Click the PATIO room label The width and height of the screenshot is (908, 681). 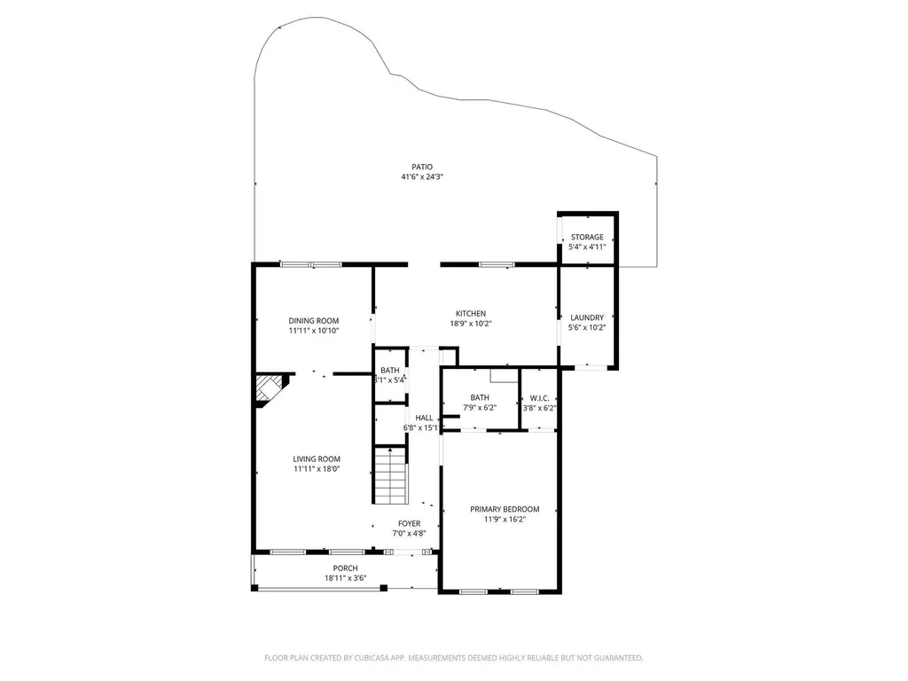tap(422, 167)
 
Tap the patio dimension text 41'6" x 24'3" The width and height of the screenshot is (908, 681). tap(422, 177)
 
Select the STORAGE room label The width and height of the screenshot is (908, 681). tap(587, 237)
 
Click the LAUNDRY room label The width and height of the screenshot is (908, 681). tap(587, 317)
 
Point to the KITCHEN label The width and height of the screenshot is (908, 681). tap(471, 313)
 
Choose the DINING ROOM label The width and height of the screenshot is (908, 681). tap(314, 320)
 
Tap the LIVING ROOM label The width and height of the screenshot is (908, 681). tap(317, 458)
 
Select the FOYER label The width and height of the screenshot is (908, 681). tap(409, 523)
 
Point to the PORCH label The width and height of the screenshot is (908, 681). tap(345, 568)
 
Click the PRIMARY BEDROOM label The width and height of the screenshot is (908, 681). tap(505, 509)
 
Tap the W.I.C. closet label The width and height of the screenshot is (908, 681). tap(540, 397)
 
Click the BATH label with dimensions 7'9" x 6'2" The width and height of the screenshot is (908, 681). tap(480, 397)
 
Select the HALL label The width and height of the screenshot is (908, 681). tap(425, 418)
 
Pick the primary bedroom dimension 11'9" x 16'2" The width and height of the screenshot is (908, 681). tap(505, 520)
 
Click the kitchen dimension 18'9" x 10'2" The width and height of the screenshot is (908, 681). tap(471, 324)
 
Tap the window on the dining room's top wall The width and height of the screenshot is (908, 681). tap(310, 264)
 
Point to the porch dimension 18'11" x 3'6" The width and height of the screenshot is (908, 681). tap(345, 579)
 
